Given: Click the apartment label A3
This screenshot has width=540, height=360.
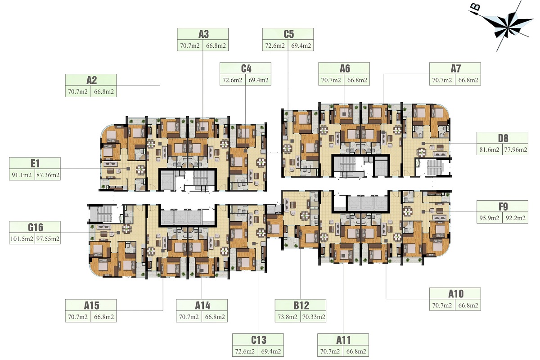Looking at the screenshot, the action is point(203,34).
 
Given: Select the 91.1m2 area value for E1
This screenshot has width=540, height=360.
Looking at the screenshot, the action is point(22,175).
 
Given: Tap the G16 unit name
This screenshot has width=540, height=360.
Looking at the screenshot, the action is point(36,227).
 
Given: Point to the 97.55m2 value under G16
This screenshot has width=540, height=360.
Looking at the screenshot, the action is point(48,239).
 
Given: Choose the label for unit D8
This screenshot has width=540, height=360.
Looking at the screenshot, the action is point(503,139).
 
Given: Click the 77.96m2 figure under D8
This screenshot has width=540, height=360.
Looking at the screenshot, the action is point(516,150).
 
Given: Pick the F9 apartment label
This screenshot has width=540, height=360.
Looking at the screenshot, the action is point(503,207).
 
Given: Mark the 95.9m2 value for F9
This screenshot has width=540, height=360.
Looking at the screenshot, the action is point(489,218).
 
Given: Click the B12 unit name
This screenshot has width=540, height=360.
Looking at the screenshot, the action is point(301,306).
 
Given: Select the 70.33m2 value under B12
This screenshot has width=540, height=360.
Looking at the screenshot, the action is point(314,317).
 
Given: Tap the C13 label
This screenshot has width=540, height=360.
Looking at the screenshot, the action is point(259,340).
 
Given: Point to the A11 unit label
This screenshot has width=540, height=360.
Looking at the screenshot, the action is point(343,340).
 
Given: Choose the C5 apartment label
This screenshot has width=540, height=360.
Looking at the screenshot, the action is point(288,34).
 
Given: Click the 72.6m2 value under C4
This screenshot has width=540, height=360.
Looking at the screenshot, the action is point(232,80).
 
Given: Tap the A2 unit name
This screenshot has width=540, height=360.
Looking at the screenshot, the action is point(91,80).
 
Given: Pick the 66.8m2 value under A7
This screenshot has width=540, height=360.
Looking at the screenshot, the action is point(468,80).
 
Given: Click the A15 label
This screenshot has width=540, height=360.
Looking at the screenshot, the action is point(91,306).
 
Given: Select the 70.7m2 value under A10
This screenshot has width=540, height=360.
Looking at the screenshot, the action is point(442,306).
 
